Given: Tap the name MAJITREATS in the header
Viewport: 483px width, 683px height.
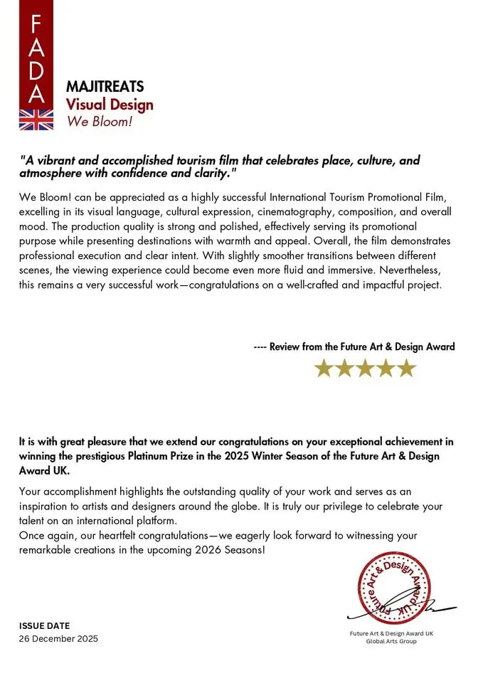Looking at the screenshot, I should (x=105, y=87).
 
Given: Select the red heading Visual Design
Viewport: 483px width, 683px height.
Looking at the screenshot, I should (x=110, y=105).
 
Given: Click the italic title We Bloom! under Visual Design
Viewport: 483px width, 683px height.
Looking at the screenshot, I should (x=100, y=121).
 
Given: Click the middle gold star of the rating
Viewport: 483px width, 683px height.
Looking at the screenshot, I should (x=365, y=368).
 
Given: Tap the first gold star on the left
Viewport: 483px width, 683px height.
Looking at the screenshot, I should (x=324, y=368).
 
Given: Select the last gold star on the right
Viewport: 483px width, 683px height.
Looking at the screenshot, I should (x=406, y=368).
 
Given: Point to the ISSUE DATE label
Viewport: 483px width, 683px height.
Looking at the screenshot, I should (x=44, y=626).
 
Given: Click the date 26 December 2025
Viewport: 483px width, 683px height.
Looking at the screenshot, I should (x=58, y=639).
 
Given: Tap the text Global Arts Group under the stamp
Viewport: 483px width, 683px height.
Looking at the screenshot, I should (x=391, y=641).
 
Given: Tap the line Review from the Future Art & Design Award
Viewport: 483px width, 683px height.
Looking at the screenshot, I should (x=354, y=347).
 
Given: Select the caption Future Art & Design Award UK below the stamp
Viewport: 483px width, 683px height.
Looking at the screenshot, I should (x=391, y=633).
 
